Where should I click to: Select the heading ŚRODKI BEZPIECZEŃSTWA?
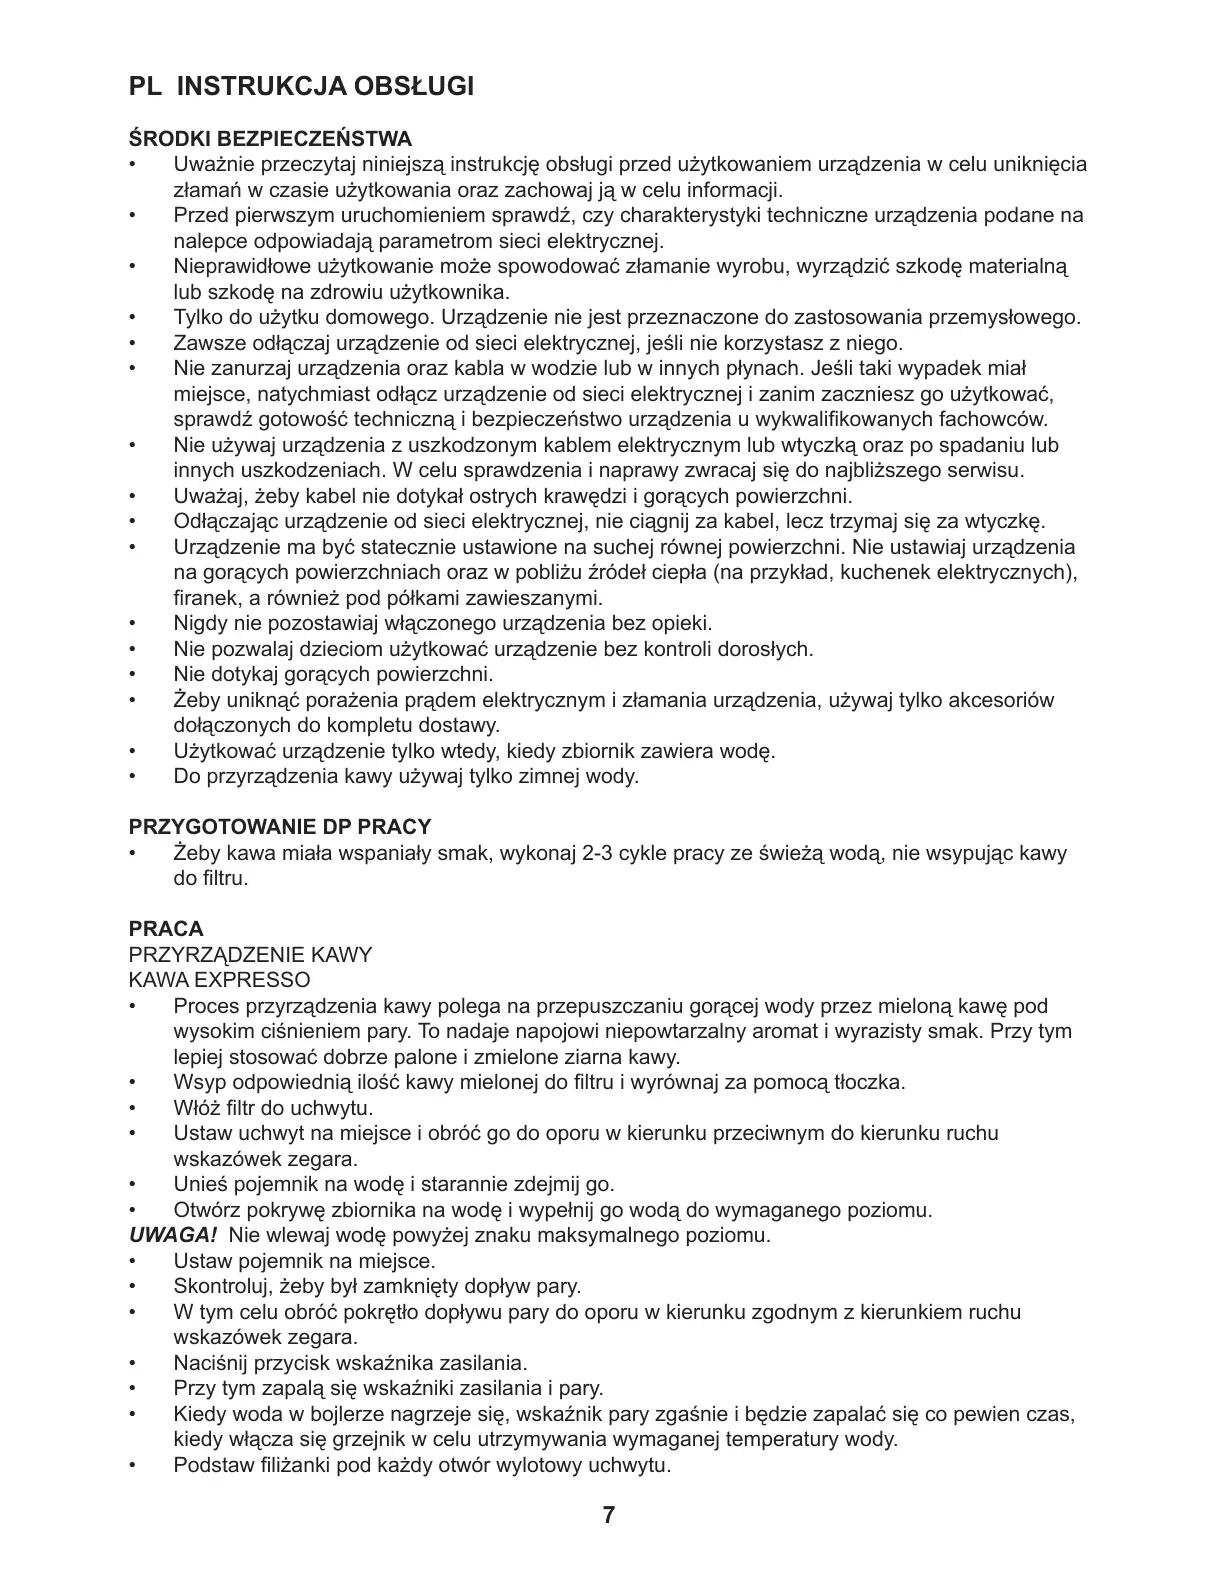270,138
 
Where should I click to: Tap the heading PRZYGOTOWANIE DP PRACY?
280,827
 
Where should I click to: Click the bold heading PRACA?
166,929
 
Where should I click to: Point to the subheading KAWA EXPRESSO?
220,980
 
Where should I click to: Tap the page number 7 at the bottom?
609,1514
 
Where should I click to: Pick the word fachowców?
991,420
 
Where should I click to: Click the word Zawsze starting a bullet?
206,344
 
